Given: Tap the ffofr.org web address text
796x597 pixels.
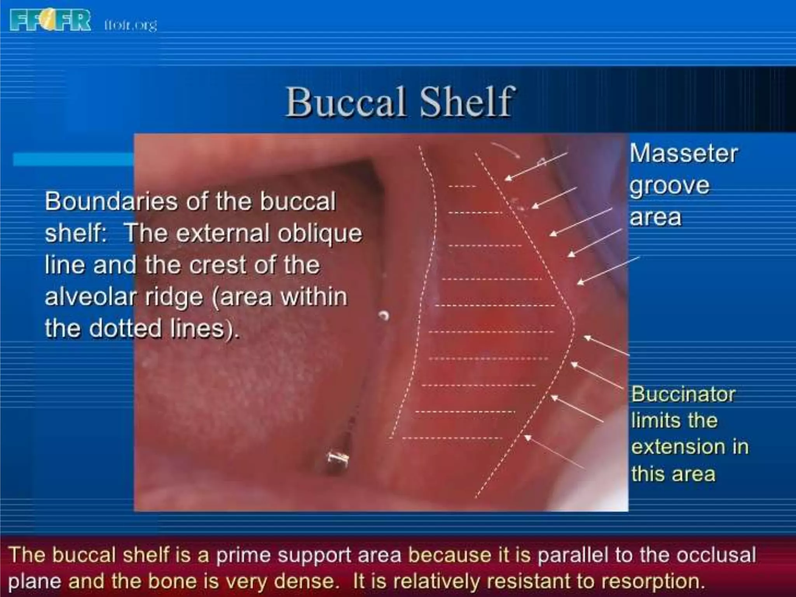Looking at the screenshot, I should (131, 25).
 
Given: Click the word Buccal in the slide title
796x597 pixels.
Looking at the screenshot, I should (346, 102).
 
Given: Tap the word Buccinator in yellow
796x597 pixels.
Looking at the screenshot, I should (683, 394).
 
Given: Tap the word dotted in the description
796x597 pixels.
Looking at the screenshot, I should (125, 328).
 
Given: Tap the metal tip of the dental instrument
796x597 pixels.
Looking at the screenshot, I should (337, 459).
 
